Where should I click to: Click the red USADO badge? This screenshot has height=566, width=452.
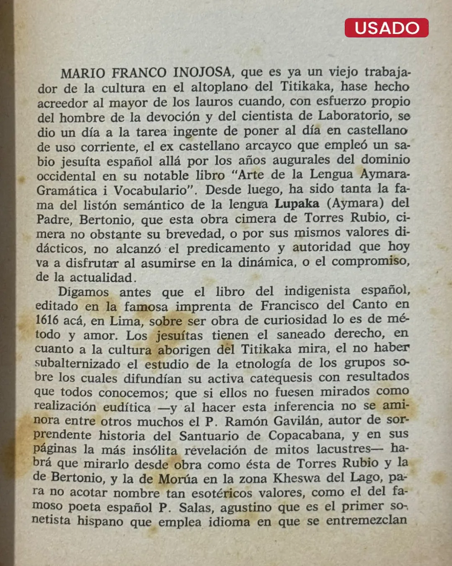coord(386,28)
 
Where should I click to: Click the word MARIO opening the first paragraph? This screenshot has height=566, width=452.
coord(83,73)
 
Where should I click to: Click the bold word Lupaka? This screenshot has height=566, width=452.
coord(297,204)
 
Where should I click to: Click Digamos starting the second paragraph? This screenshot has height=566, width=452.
coord(83,292)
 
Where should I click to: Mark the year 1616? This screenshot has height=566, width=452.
coord(47,320)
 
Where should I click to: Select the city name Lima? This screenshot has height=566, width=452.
coord(125,321)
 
